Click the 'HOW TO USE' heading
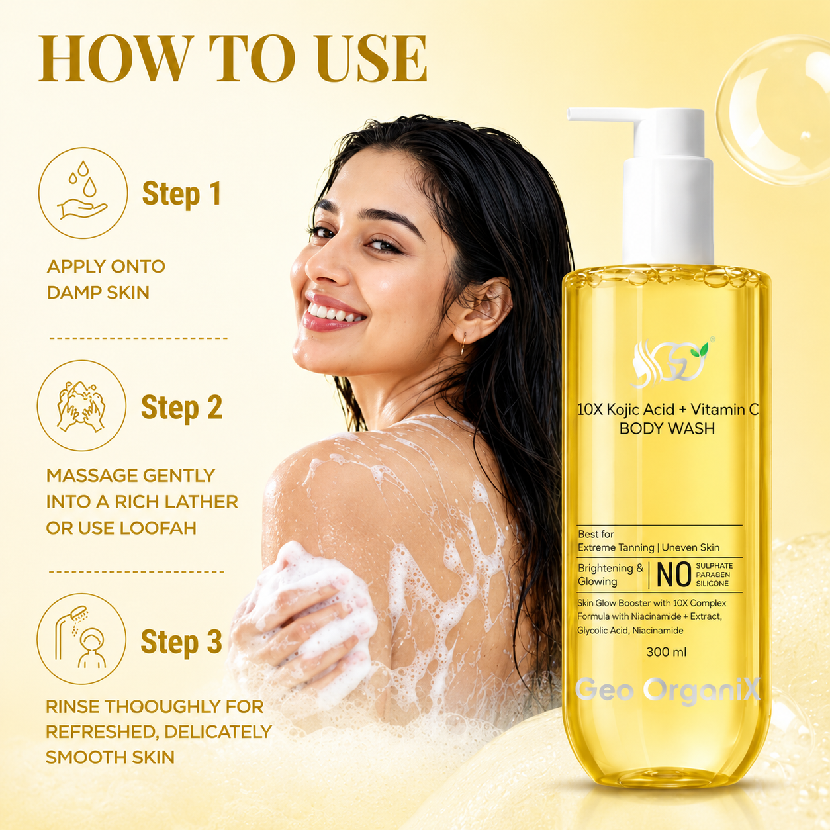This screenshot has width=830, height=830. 232,58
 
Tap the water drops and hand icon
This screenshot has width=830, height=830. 83,193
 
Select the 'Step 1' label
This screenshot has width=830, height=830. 182,194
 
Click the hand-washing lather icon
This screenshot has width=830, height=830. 81,405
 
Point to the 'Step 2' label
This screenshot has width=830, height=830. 182,408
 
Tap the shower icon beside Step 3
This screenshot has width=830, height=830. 81,639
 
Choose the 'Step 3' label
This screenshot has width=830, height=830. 181,642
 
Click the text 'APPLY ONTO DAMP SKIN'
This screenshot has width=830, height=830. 106,279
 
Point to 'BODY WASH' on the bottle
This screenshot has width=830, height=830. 667,429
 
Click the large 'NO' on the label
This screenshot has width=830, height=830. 674,575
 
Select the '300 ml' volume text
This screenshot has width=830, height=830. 667,652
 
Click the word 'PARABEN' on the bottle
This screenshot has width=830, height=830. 714,575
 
